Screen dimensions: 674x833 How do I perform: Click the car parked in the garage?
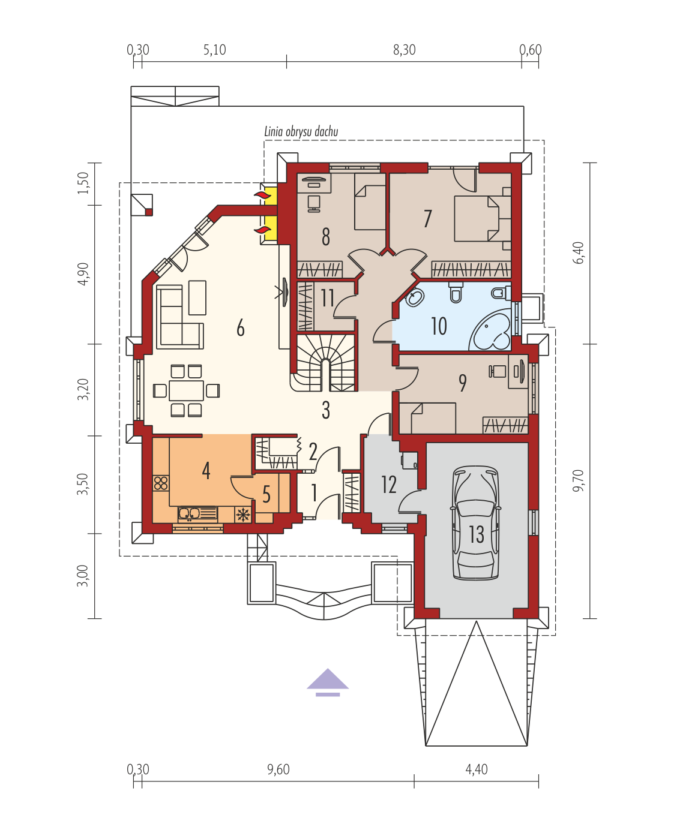(475, 522)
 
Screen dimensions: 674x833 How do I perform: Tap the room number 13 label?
(477, 534)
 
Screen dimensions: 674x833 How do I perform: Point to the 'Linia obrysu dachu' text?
(301, 131)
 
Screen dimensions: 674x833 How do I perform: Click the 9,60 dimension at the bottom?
(278, 769)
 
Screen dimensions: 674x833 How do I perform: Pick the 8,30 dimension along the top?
(405, 50)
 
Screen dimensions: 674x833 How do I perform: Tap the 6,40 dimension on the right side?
(580, 253)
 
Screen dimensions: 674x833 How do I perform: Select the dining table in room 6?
(186, 390)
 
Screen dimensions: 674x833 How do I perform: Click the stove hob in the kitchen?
(161, 483)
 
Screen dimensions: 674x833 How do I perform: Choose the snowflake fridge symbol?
(243, 515)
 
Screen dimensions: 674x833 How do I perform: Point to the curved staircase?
(325, 363)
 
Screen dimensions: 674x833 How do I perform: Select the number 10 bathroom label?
(439, 326)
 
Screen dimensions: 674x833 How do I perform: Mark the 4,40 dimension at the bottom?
(477, 769)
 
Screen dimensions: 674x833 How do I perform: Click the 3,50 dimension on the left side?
(83, 484)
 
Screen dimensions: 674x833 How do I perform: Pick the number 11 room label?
(328, 298)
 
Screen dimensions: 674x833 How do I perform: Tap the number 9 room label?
(463, 383)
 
